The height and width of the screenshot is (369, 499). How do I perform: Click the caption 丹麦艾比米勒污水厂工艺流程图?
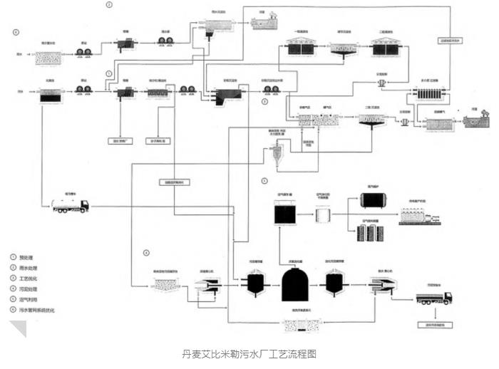(249, 353)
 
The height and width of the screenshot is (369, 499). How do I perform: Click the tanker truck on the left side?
(70, 205)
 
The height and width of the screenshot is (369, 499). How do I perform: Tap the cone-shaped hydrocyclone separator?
(274, 153)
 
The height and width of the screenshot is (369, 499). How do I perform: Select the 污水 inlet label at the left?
(20, 93)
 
